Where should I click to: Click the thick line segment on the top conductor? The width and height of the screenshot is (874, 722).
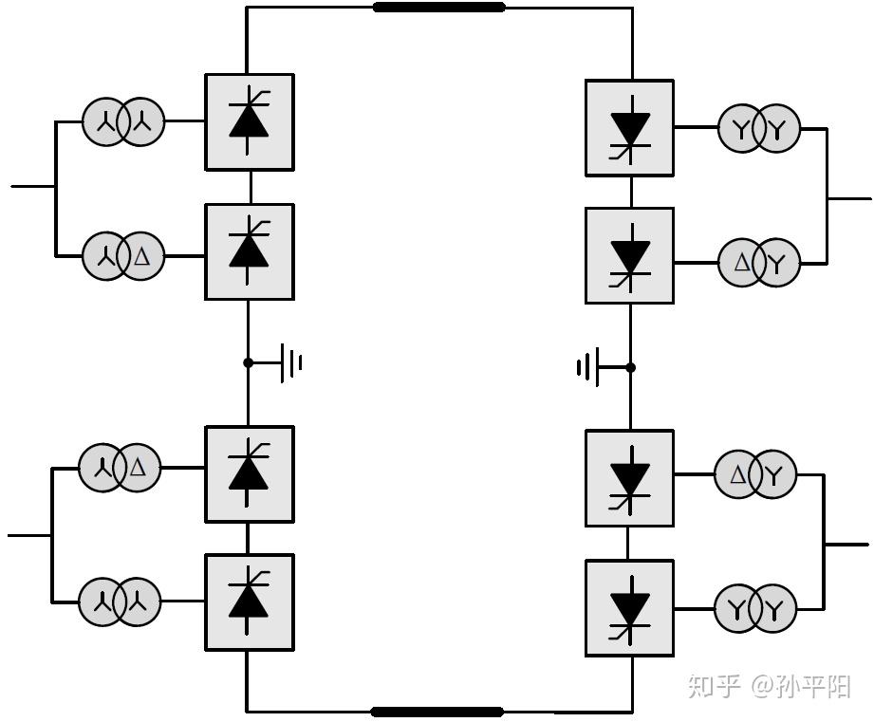(438, 8)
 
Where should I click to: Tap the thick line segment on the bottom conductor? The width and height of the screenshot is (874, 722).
(437, 712)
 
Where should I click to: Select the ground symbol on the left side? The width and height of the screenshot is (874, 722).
(291, 362)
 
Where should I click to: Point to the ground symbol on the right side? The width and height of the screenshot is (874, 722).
(588, 367)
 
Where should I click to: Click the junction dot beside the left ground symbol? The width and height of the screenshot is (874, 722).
(249, 362)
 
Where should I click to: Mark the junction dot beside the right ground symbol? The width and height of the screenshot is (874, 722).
(630, 367)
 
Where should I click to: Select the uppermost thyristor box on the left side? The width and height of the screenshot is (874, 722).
(250, 122)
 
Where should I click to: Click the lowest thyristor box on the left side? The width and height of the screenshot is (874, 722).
(250, 602)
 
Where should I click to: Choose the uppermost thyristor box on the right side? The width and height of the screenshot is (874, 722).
(629, 128)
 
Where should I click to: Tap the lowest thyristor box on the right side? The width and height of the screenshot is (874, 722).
(629, 608)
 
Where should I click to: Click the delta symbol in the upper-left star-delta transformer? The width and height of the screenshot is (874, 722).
(143, 256)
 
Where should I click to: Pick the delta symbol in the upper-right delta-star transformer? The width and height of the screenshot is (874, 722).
(741, 263)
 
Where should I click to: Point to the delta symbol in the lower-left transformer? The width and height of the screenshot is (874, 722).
(139, 468)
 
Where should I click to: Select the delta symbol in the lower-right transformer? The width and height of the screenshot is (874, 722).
(737, 476)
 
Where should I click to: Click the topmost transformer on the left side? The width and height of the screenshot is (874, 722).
(123, 121)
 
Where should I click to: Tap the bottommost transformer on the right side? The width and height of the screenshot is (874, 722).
(755, 608)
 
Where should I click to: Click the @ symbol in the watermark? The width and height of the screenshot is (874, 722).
(766, 687)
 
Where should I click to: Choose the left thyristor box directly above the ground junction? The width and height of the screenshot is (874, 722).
(250, 251)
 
